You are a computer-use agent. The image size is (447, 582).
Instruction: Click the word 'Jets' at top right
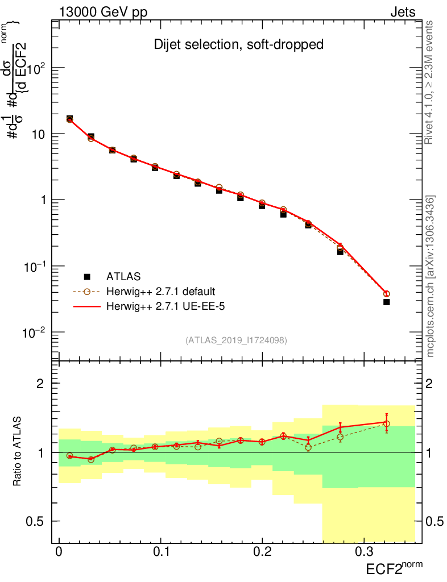(403, 13)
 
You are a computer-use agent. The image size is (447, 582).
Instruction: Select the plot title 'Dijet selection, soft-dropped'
(239, 45)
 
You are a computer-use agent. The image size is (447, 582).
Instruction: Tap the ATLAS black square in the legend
(88, 277)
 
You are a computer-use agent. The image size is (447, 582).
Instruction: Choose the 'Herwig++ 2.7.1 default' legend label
(160, 292)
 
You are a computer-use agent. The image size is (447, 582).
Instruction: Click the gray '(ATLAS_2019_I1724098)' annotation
(236, 340)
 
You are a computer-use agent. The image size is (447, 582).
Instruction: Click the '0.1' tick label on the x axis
(160, 552)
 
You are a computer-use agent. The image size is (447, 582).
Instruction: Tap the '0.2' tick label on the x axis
(262, 552)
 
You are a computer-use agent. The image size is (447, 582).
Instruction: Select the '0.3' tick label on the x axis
(363, 552)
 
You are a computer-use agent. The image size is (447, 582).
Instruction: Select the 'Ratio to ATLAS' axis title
(19, 452)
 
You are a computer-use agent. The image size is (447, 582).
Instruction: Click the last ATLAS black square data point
(386, 302)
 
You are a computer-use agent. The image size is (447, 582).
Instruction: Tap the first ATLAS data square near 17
(69, 119)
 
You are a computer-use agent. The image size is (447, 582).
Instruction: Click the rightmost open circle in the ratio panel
(386, 424)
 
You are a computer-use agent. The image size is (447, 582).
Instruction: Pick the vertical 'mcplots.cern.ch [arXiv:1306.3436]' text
(431, 277)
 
